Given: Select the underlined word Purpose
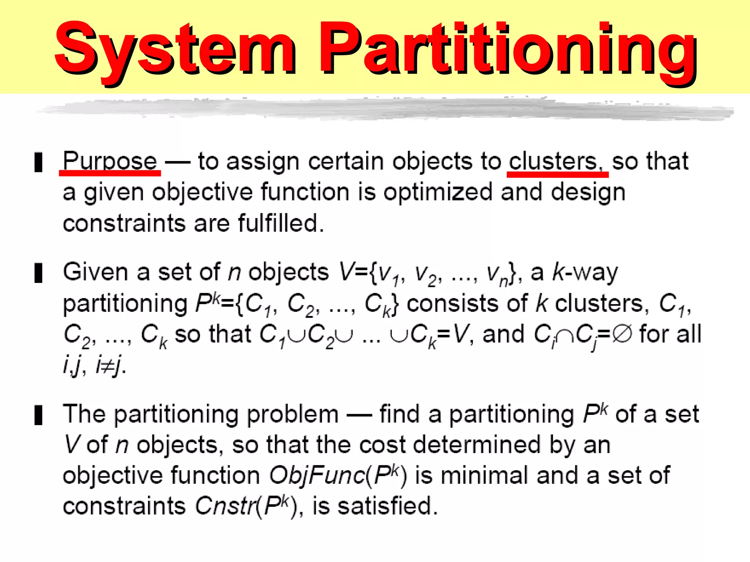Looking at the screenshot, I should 110,162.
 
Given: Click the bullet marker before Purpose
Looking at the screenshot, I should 38,162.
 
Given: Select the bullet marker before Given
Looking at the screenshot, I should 38,273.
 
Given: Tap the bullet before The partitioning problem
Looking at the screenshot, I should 38,415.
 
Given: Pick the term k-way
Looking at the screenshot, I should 585,273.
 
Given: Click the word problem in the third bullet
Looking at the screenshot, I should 293,415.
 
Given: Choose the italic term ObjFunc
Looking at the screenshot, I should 317,476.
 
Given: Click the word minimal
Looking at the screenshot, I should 484,476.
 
